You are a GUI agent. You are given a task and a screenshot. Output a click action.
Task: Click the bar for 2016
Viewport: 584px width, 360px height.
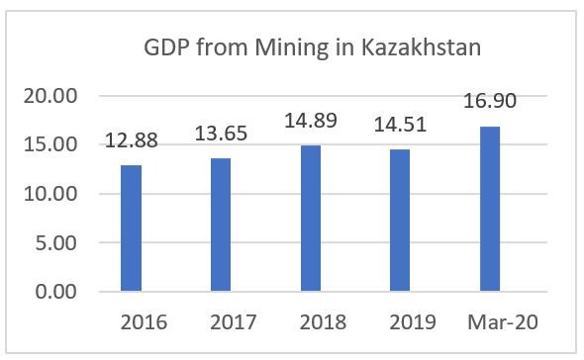coord(131,227)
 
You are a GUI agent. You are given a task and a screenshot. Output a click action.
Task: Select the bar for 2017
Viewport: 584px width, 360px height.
coord(221,225)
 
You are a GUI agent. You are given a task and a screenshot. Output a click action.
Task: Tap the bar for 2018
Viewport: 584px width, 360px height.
coord(311,219)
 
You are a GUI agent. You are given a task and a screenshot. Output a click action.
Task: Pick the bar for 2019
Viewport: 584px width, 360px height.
coord(400,220)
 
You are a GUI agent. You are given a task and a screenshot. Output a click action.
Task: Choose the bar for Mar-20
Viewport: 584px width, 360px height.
coord(490,209)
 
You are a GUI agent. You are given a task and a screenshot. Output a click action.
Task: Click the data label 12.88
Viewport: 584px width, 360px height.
coord(132,140)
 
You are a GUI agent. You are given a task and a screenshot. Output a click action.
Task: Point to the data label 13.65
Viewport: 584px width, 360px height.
coord(221,134)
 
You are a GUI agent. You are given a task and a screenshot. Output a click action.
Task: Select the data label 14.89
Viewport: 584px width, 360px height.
coord(311,121)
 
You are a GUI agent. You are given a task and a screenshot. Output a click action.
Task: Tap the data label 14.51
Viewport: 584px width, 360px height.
coord(400,125)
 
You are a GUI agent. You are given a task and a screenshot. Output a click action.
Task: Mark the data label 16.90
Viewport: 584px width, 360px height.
coord(490,101)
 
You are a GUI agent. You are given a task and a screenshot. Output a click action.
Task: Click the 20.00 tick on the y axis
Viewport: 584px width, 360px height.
coord(50,96)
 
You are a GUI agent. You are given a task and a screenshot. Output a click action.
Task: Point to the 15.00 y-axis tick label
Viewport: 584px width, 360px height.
coord(50,144)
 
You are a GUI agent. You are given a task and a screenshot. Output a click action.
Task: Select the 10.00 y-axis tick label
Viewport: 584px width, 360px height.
coord(50,194)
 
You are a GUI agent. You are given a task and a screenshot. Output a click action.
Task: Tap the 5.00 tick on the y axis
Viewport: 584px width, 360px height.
coord(55,243)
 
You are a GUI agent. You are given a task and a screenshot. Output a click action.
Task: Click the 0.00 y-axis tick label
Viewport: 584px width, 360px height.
coord(55,292)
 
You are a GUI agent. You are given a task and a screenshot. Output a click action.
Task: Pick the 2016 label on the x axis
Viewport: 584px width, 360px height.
coord(144,322)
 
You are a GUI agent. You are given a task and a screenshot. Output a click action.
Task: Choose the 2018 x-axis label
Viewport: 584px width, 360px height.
coord(323,322)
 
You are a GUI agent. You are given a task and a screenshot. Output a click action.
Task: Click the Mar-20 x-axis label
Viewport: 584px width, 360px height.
coord(503,322)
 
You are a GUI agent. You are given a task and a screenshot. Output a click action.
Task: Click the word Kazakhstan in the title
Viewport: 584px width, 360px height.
coord(421,47)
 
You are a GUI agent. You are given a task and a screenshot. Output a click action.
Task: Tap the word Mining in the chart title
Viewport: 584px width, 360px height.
coord(292,48)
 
